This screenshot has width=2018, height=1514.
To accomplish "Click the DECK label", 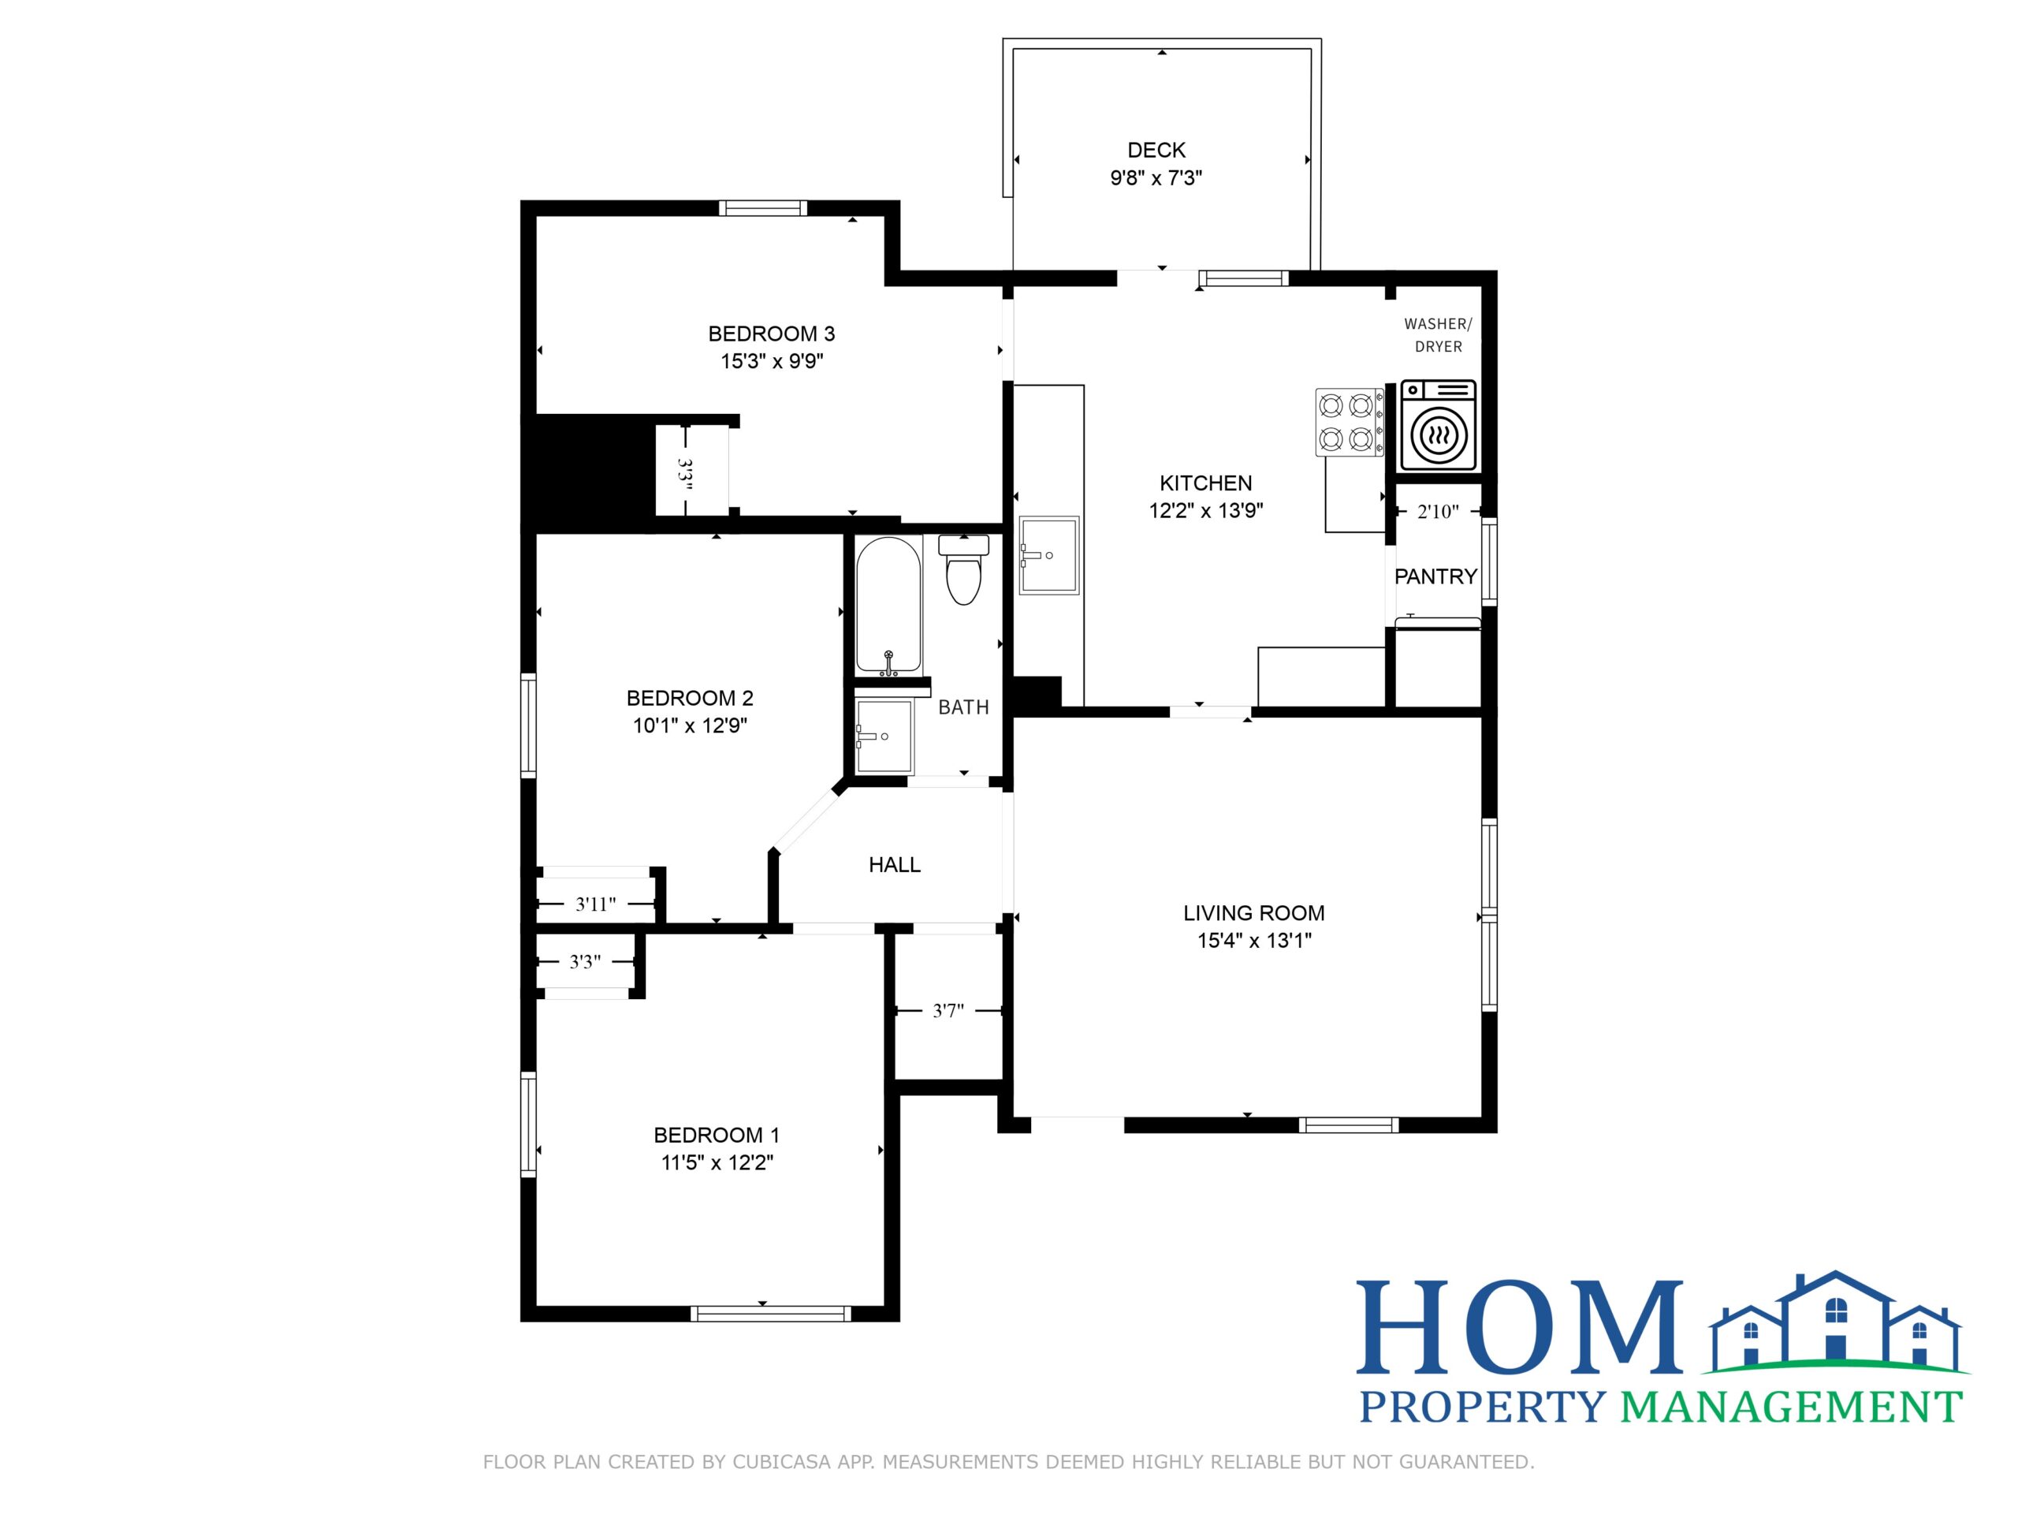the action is [1156, 150].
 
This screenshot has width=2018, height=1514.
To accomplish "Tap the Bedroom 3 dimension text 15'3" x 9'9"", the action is [772, 361].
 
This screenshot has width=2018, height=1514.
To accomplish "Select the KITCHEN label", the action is [1205, 483].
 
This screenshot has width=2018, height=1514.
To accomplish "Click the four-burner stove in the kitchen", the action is [1350, 422].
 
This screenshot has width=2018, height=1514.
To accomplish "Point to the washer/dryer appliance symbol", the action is [1438, 426].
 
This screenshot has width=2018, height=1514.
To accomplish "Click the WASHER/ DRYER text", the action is [1438, 335].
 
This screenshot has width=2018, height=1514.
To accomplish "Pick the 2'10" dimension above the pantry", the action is [1438, 512].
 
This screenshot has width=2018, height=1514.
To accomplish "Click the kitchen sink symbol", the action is [1049, 555].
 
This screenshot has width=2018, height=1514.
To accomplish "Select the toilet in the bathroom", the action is [963, 569].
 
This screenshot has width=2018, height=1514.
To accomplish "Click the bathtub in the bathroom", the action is [888, 606].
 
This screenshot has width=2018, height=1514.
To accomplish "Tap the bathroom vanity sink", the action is [884, 736].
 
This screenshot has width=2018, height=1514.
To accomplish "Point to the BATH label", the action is [963, 707].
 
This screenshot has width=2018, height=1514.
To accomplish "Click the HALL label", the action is [894, 865].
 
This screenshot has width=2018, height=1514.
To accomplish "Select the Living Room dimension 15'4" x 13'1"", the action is [1254, 941].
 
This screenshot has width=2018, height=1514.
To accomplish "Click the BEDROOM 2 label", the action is [690, 698].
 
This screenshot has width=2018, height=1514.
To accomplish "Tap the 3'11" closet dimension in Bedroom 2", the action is [596, 904].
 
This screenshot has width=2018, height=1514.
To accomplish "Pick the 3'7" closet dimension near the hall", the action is [948, 1011].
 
